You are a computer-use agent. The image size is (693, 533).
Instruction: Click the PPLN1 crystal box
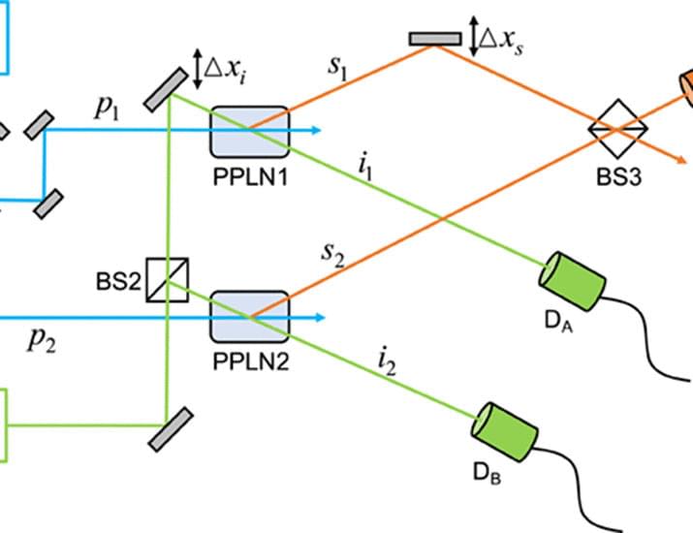tap(249, 132)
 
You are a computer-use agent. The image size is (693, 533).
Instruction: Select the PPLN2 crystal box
tap(249, 315)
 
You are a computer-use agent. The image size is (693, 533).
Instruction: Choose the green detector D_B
tap(503, 426)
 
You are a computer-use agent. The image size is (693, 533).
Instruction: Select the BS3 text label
tap(620, 179)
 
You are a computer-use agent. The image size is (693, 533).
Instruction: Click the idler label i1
tap(365, 167)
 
